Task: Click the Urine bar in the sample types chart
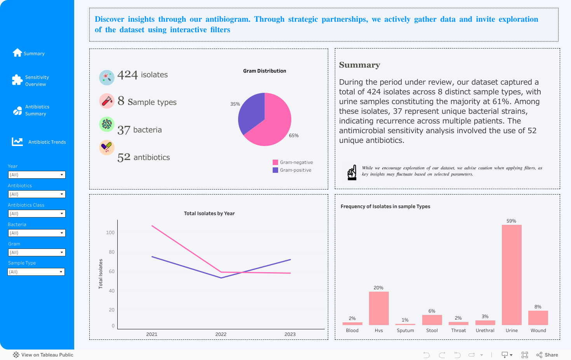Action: (x=512, y=275)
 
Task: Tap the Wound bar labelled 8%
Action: (x=538, y=318)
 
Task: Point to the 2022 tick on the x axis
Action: (x=221, y=334)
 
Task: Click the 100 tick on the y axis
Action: (x=110, y=233)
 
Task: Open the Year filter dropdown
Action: (x=37, y=175)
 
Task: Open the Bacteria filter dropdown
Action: (x=37, y=233)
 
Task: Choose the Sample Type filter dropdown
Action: (x=36, y=272)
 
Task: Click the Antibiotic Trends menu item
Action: (x=47, y=142)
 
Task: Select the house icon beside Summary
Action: (x=17, y=53)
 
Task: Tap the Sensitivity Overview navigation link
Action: (x=37, y=81)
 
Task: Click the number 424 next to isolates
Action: (x=127, y=75)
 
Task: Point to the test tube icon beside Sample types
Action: (x=106, y=101)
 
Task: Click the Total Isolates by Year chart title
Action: (x=209, y=214)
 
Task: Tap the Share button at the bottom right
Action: (x=547, y=355)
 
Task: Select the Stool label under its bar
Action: (x=432, y=330)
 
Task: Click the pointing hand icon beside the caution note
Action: (x=352, y=172)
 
